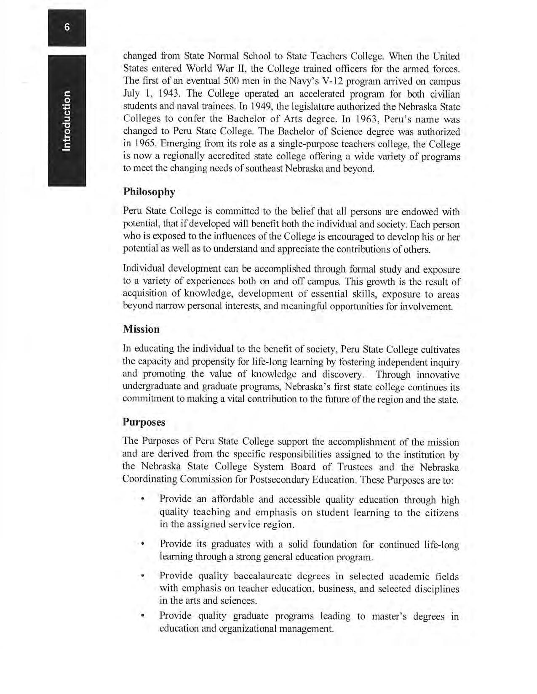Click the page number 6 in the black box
coord(67,28)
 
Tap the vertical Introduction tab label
coord(67,121)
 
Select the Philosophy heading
coord(149,192)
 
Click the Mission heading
coord(141,329)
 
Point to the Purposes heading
coord(144,422)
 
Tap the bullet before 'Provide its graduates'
coord(143,545)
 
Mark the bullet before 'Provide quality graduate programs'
coord(143,616)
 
